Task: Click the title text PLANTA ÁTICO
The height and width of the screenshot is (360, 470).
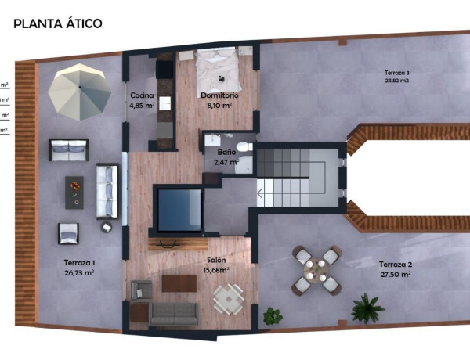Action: point(58,23)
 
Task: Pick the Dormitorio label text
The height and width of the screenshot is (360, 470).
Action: point(219,96)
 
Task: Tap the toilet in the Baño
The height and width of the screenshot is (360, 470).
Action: point(244,147)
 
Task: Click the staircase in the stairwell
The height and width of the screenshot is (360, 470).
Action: point(290,178)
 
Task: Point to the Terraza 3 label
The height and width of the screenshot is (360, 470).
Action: point(397,72)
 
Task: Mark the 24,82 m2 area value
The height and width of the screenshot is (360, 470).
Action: point(397,80)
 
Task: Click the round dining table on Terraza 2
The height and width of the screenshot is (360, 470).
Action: point(316,270)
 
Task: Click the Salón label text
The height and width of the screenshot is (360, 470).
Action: point(217,261)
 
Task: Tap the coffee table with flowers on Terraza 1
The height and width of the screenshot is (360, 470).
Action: point(74,190)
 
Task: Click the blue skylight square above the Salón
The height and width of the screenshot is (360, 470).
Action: point(179,209)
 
